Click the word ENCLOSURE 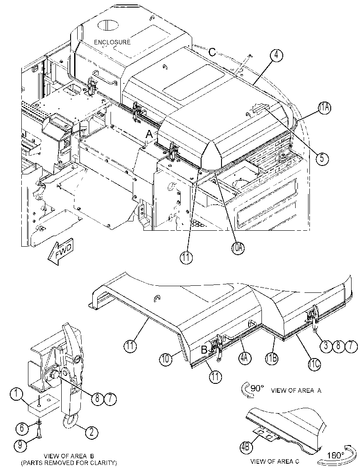[x=112, y=42]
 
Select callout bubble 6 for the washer [x=22, y=428]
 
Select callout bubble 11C [x=314, y=364]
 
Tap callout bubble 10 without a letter [x=166, y=359]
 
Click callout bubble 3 [x=326, y=346]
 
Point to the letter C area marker [x=212, y=52]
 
